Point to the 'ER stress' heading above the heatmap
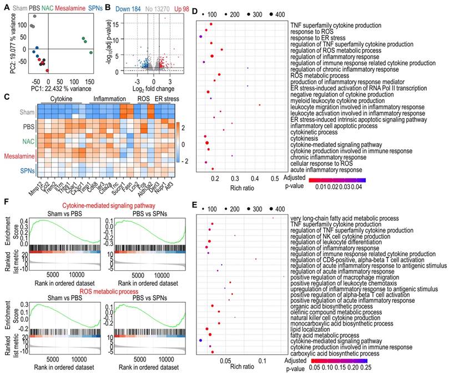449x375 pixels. pyautogui.click(x=167, y=99)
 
